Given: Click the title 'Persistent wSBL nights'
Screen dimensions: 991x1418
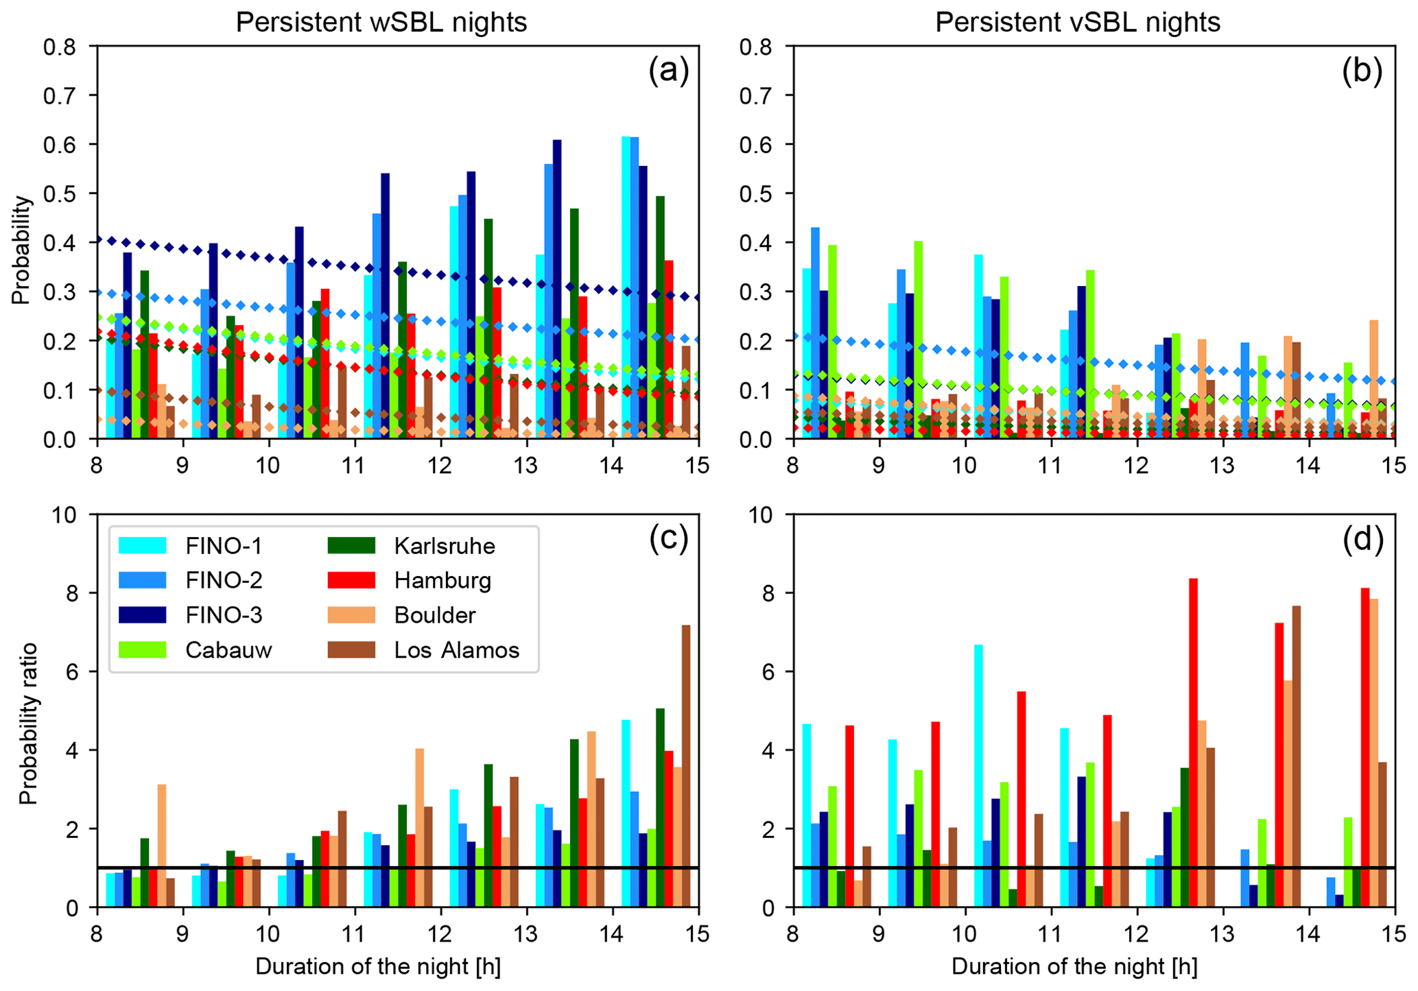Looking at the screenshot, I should click(381, 22).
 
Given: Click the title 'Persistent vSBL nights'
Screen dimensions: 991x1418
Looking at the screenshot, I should click(1078, 22).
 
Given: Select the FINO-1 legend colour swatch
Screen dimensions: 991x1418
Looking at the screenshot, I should click(142, 545).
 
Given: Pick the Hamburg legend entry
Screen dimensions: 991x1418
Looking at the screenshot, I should click(442, 581).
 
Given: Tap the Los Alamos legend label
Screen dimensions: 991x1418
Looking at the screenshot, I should click(457, 650).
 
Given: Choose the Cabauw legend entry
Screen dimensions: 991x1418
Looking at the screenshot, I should click(228, 650).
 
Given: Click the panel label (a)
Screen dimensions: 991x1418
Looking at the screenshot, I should click(668, 71).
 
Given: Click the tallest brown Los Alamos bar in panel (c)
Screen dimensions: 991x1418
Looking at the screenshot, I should click(686, 766).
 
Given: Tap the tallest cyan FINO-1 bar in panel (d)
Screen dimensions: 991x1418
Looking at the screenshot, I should click(978, 776).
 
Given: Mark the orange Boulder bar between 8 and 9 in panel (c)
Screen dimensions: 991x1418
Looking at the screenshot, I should click(162, 846).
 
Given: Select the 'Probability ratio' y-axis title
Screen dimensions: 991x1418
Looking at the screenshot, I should click(27, 724).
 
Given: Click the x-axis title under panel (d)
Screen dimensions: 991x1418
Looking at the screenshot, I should click(1074, 967).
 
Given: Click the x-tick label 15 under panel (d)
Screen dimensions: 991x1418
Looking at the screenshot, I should click(1393, 933).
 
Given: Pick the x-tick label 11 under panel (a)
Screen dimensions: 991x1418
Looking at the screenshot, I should click(354, 465).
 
